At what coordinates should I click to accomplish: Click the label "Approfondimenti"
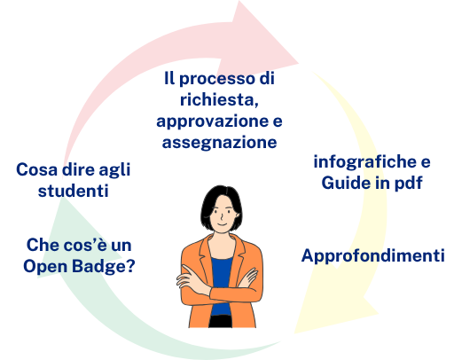pos(372,256)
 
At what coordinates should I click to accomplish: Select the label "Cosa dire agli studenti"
pos(73,179)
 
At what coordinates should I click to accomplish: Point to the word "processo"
pos(220,78)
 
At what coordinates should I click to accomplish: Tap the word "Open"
pos(50,265)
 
